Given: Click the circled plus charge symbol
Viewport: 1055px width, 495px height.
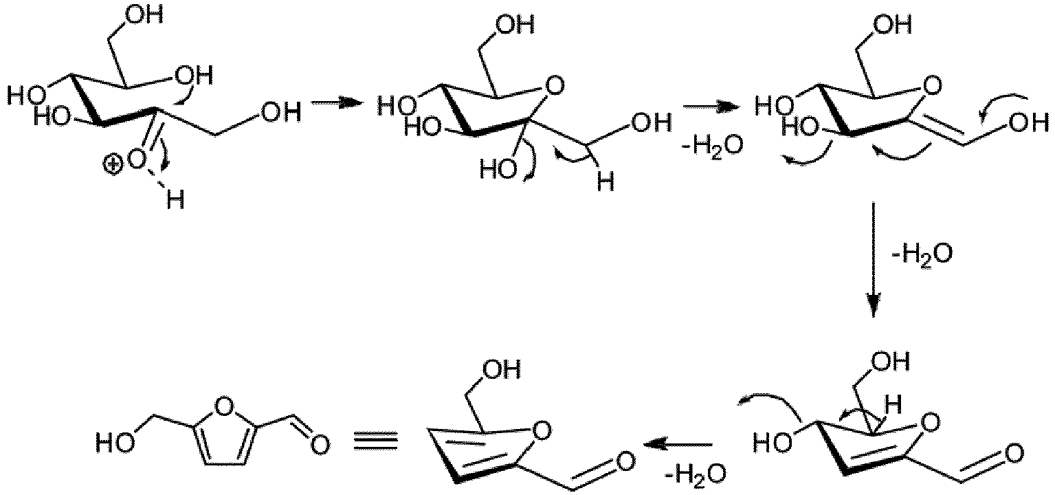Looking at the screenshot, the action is (112, 165).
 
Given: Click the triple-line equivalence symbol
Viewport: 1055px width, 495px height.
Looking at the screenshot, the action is (377, 442).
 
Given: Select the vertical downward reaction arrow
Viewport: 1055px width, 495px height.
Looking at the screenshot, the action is (874, 260).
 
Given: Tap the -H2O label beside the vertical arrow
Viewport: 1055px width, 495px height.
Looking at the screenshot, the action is (922, 255).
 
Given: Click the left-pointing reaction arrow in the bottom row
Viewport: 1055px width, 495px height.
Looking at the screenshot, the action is (678, 443).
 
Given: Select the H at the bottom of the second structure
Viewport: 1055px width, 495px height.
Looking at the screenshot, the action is (606, 181).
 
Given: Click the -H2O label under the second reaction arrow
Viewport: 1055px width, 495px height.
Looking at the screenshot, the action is (713, 146).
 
